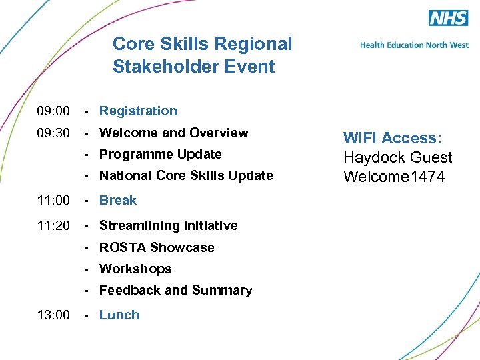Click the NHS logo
click(x=448, y=18)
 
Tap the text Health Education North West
click(x=414, y=45)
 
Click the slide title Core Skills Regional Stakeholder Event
click(x=202, y=55)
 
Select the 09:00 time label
click(x=53, y=111)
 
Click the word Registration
click(x=138, y=111)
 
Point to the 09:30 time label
click(x=53, y=133)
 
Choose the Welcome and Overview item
click(x=173, y=133)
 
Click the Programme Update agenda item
click(x=160, y=155)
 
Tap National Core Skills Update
click(x=186, y=176)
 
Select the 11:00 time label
click(x=53, y=201)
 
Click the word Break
click(x=118, y=201)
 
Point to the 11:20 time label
click(x=53, y=226)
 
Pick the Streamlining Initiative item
click(x=168, y=226)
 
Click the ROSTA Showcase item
click(x=157, y=248)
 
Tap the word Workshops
click(x=135, y=269)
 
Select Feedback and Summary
click(x=175, y=291)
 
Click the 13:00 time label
click(x=53, y=315)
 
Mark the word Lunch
click(x=119, y=315)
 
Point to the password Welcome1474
click(x=394, y=177)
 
